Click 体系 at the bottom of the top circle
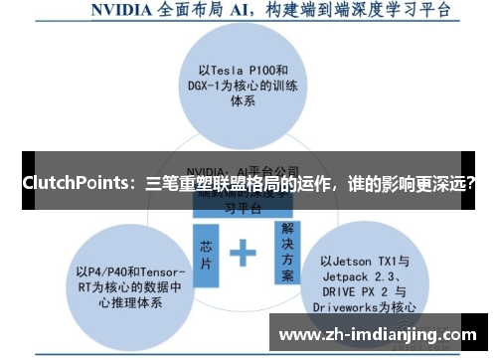[245, 102]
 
